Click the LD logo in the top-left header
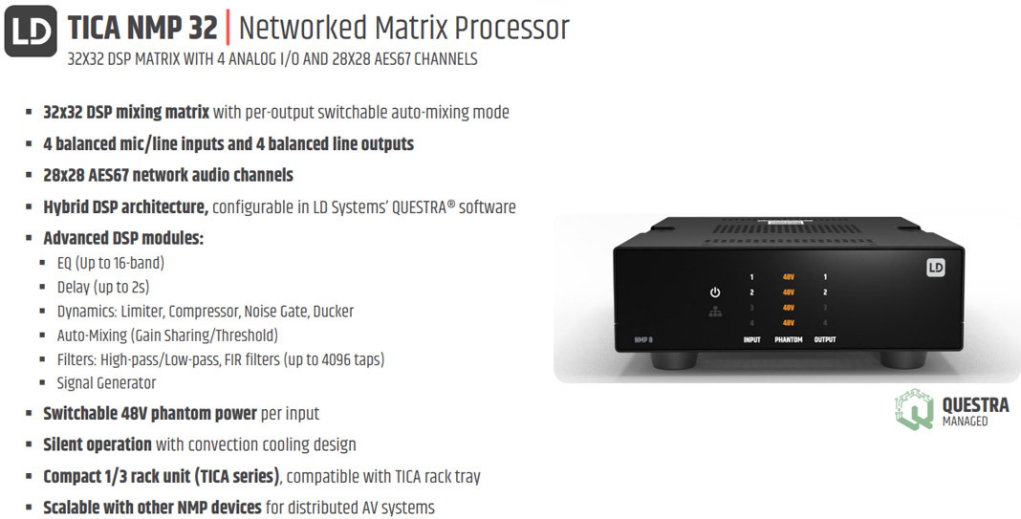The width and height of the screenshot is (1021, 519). (32, 30)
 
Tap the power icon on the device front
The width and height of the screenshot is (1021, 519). (714, 292)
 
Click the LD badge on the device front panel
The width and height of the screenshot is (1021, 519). (935, 268)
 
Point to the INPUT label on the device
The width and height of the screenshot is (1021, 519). (752, 339)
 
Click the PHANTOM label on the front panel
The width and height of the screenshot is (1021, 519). (789, 339)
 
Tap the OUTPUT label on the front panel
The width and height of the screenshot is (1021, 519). (825, 339)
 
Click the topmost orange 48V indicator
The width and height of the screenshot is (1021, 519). (789, 276)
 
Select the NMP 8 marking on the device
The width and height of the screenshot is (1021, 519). (642, 338)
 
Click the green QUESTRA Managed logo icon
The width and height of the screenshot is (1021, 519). (914, 409)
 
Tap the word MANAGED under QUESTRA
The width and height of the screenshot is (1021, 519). (965, 421)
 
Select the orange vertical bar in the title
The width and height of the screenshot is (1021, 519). (228, 28)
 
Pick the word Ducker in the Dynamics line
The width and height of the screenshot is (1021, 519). (333, 312)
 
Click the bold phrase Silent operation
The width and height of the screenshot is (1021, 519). (98, 444)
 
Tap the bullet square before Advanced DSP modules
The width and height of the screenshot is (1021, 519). (30, 239)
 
